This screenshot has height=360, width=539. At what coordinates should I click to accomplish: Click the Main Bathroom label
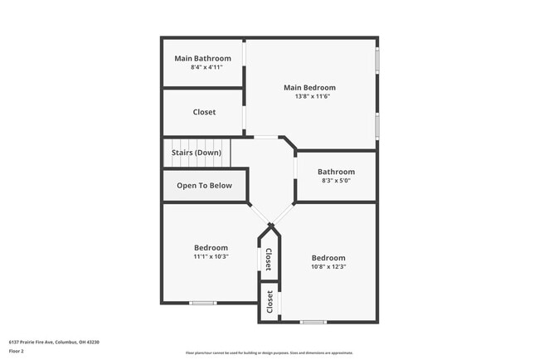coord(202,58)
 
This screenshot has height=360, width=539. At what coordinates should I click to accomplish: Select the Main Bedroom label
coord(309,87)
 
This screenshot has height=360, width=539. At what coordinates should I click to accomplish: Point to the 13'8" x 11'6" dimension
coord(309,96)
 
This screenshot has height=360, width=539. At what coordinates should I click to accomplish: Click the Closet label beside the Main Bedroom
coord(204,112)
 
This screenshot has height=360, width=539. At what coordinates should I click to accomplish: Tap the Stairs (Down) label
coord(196,153)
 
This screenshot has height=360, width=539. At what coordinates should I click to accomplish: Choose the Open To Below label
coord(204,186)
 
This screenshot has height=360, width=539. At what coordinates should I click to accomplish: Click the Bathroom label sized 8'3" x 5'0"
coord(336,172)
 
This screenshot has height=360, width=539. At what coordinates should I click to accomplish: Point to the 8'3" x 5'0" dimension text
coord(336,181)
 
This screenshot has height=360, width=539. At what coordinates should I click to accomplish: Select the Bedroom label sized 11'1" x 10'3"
coord(211,247)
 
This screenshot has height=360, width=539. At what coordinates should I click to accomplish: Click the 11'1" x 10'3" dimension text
coord(211,256)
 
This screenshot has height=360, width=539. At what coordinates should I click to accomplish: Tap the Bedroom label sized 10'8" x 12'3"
coord(328,258)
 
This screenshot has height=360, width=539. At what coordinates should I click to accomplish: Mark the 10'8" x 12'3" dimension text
coord(328,267)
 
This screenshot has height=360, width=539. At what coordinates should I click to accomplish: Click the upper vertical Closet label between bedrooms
coord(269,260)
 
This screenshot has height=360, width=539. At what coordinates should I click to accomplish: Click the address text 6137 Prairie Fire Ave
coord(41,341)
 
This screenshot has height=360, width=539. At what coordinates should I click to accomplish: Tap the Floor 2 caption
coord(17,351)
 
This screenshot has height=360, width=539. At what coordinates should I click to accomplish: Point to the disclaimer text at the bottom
coord(269,353)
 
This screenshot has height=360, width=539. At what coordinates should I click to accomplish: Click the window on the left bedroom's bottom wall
coord(203,303)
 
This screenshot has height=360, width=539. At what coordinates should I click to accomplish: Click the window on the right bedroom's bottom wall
coord(313,322)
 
